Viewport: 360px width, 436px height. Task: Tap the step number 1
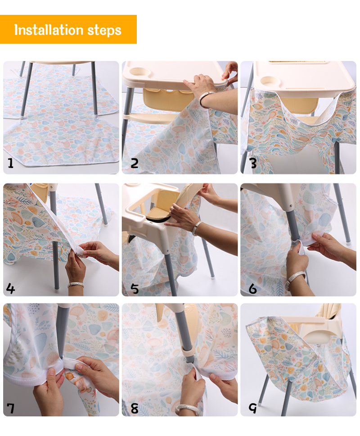[10, 163]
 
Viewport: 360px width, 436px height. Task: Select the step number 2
[134, 163]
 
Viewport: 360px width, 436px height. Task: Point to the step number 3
[253, 163]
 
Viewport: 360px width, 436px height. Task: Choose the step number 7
[10, 409]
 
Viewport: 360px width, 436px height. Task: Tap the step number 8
[134, 409]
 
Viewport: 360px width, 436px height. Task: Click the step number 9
[253, 409]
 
